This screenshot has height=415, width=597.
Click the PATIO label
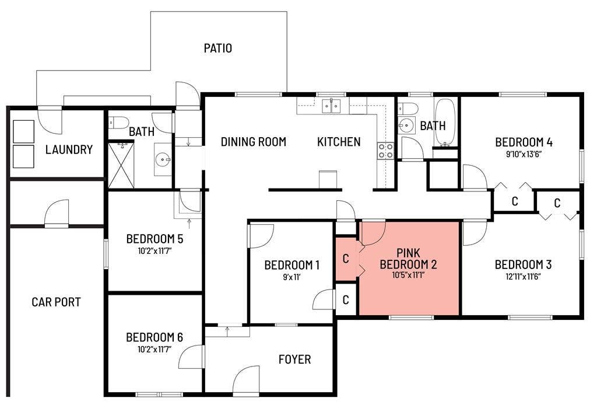(217, 48)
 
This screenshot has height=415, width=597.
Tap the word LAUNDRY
(69, 149)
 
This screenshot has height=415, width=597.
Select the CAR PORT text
(56, 302)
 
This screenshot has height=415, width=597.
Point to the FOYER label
(294, 359)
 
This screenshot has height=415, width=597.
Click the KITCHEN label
(339, 142)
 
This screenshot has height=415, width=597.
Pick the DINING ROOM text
(253, 142)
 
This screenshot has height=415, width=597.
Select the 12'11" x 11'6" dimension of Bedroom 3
(523, 277)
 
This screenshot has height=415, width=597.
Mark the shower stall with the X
(121, 165)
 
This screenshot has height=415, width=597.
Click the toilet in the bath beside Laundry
(120, 123)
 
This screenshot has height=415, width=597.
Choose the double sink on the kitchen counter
(332, 106)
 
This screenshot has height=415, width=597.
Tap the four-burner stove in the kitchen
(385, 151)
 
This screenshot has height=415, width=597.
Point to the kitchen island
(328, 179)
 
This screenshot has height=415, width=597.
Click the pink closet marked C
(346, 258)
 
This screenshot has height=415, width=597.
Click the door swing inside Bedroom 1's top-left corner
(261, 236)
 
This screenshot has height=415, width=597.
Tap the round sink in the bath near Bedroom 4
(406, 124)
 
